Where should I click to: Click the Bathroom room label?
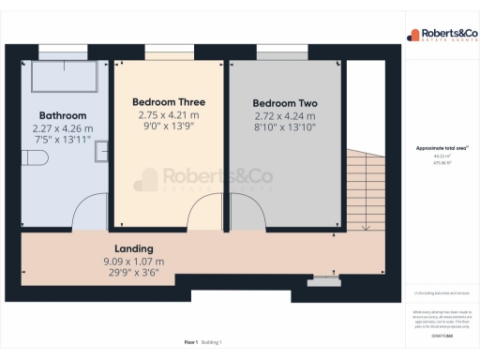point(63,116)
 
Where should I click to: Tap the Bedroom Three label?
point(169,101)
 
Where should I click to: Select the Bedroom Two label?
point(285,103)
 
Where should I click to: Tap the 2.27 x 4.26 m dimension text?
point(63,130)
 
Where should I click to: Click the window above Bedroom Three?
point(170,51)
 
